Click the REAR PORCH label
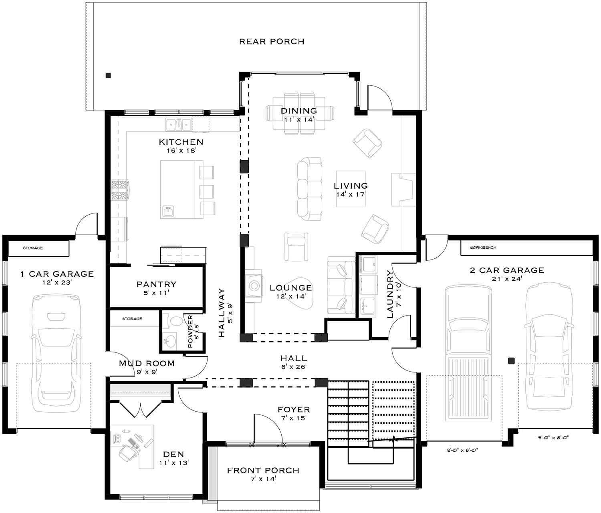(x=272, y=42)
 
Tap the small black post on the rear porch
(x=108, y=75)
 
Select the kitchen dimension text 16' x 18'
(x=181, y=151)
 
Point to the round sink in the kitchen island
(x=168, y=211)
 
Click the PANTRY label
(x=156, y=284)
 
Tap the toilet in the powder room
(x=175, y=321)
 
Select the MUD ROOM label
(x=147, y=363)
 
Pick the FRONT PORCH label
(x=263, y=471)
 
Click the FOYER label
(x=294, y=410)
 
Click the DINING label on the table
(x=299, y=111)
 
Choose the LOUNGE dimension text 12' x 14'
(x=290, y=297)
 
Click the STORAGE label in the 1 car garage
(x=33, y=248)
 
